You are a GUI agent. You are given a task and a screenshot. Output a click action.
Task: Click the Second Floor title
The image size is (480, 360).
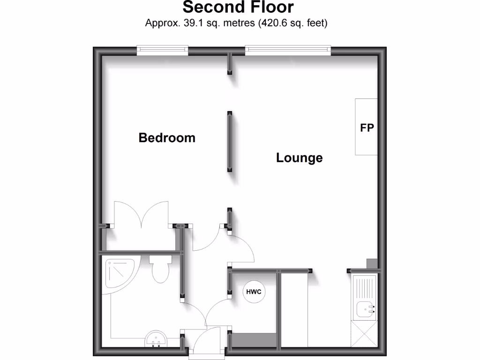[x=238, y=7]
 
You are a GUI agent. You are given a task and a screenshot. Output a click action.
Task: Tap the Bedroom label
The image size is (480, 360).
[x=167, y=138]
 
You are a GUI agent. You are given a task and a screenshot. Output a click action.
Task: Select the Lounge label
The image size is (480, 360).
[x=299, y=158]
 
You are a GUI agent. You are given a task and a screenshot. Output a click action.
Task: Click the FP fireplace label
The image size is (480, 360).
[x=367, y=127]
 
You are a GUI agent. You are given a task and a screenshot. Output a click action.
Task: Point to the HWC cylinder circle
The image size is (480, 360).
[x=254, y=292]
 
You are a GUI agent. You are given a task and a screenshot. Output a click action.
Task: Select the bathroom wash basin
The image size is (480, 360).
[x=157, y=339]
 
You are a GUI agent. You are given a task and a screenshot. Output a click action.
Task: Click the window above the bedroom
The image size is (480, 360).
[x=162, y=50]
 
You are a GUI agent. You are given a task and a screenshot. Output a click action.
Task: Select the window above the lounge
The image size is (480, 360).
[x=287, y=50]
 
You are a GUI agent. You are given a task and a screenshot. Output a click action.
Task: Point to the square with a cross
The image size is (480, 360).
[x=364, y=334]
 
